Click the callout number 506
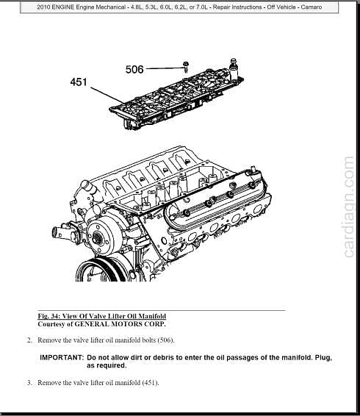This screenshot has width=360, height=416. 134,70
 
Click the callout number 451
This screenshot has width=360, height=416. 79,82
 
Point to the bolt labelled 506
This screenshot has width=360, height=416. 186,66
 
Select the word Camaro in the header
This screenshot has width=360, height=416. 312,7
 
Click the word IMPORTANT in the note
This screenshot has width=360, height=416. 62,357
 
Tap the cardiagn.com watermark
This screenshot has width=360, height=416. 348,207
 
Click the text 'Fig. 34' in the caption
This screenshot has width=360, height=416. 48,316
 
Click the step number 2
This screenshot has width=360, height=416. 29,340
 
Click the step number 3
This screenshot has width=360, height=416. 29,383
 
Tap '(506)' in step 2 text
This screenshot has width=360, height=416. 166,340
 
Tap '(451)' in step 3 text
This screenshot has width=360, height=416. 151,383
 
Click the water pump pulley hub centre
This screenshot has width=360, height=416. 96,237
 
